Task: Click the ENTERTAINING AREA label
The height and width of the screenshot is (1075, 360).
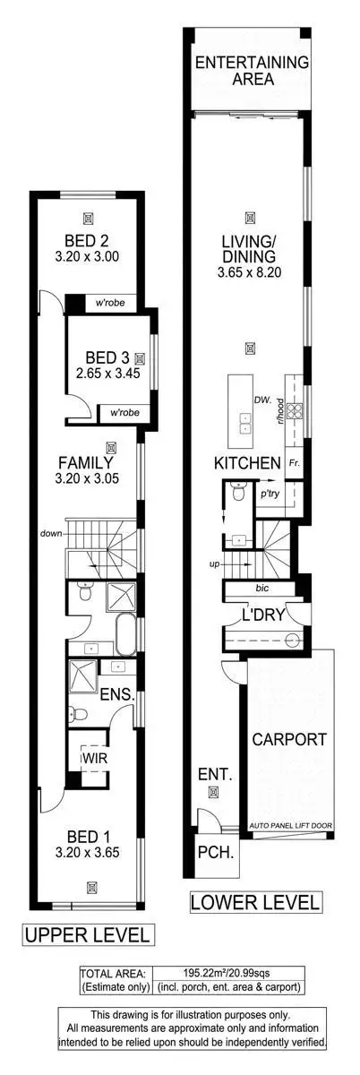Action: pyautogui.click(x=252, y=70)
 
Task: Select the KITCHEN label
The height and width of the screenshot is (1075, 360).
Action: pyautogui.click(x=247, y=463)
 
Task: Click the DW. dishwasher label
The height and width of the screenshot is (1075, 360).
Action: pyautogui.click(x=261, y=400)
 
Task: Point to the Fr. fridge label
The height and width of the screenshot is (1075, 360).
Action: pyautogui.click(x=294, y=463)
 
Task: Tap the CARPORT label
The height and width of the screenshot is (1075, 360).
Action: pyautogui.click(x=287, y=740)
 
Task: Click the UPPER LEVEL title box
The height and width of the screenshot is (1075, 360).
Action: pyautogui.click(x=88, y=935)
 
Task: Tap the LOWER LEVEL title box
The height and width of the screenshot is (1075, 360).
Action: pyautogui.click(x=255, y=902)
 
